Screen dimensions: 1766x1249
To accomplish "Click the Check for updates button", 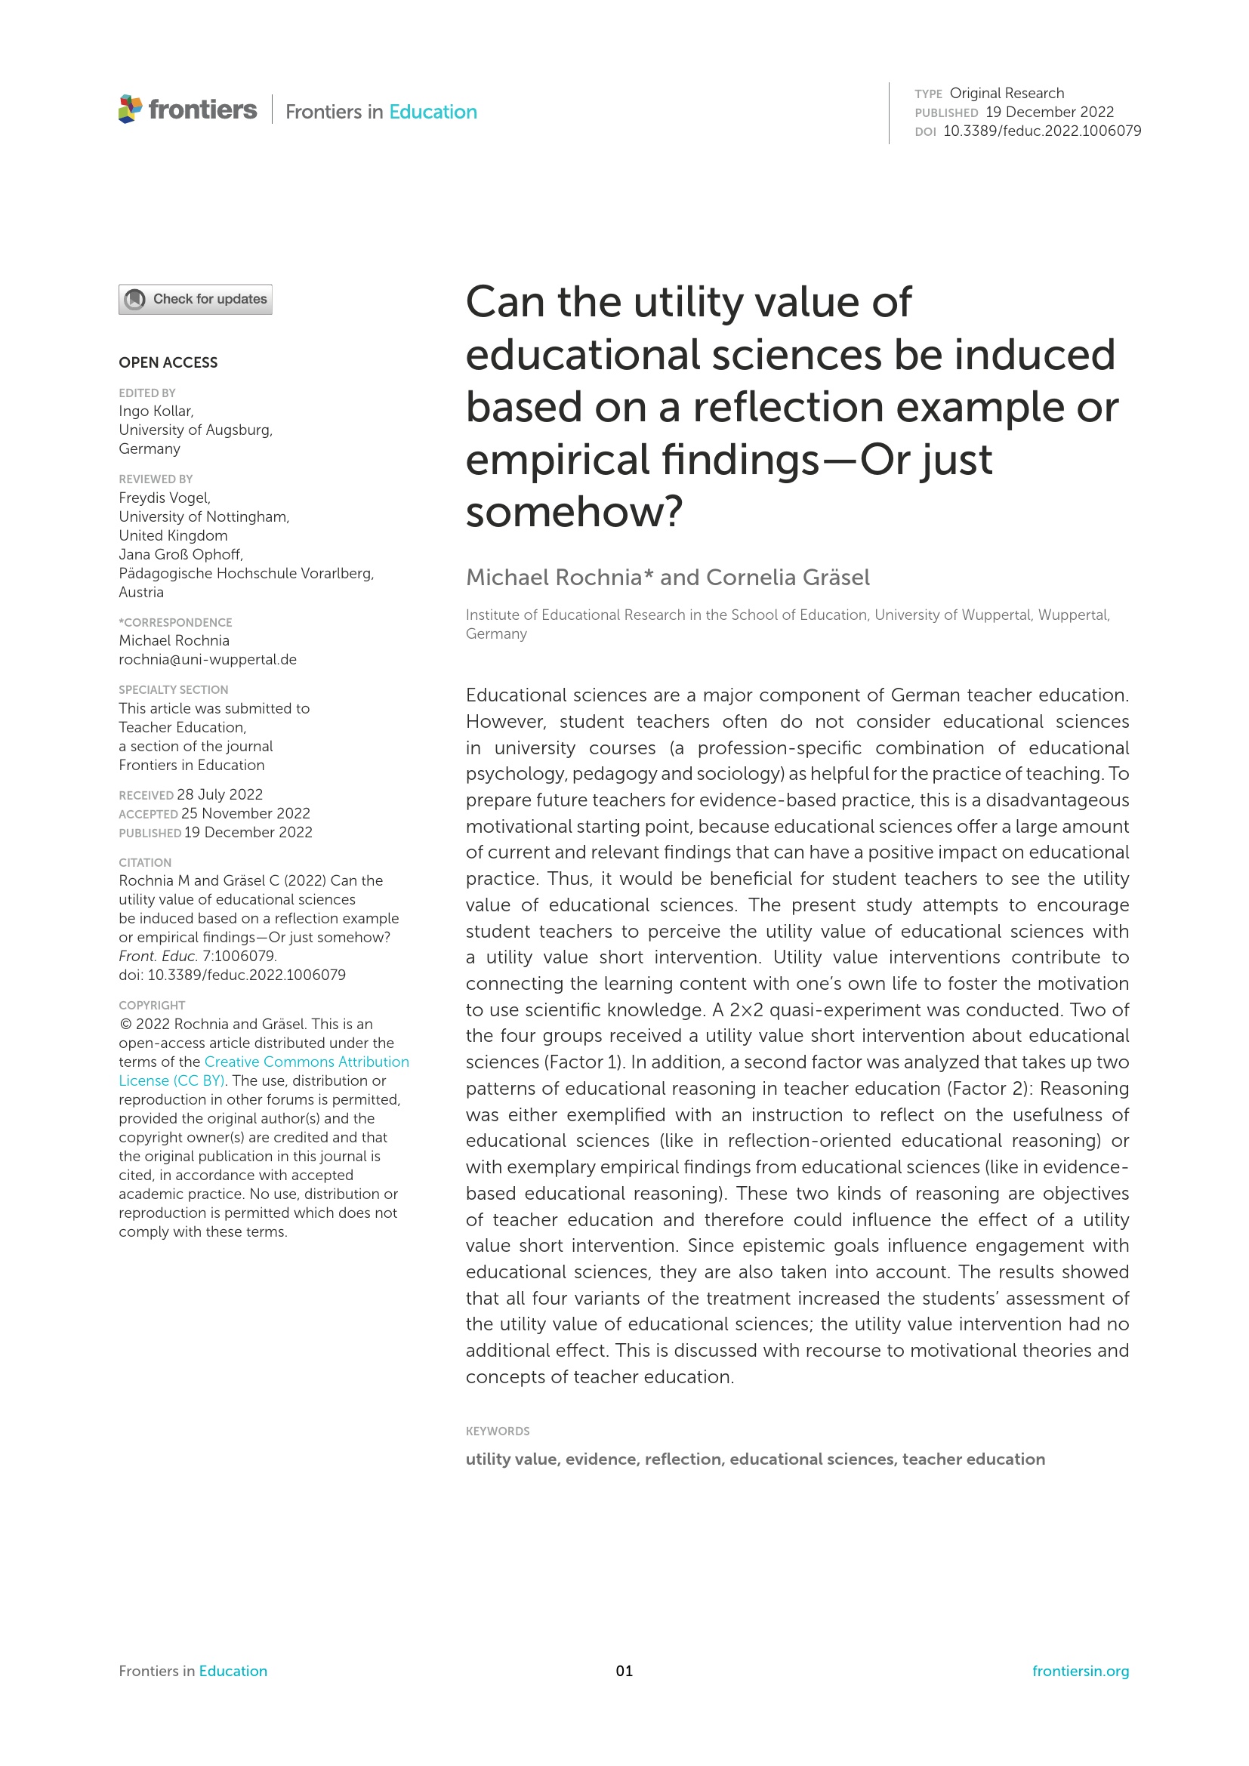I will pyautogui.click(x=196, y=299).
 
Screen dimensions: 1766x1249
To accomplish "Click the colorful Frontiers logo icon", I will pyautogui.click(x=130, y=109).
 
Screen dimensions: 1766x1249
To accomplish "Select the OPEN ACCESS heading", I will pyautogui.click(x=168, y=362).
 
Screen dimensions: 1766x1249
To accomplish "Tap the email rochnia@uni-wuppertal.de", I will pyautogui.click(x=208, y=659).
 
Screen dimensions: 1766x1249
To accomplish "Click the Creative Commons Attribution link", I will pyautogui.click(x=306, y=1062).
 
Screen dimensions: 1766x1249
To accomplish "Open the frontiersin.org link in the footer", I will pyautogui.click(x=1080, y=1671).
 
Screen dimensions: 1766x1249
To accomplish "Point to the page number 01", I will pyautogui.click(x=624, y=1671).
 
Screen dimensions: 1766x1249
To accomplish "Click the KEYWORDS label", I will pyautogui.click(x=498, y=1431).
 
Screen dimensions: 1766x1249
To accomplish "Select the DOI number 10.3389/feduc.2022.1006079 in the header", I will pyautogui.click(x=1041, y=131).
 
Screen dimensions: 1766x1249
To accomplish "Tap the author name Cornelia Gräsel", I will pyautogui.click(x=788, y=577).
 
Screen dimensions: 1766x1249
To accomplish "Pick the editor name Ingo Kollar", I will pyautogui.click(x=156, y=411).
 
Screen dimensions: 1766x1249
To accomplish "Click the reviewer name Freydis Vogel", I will pyautogui.click(x=165, y=498).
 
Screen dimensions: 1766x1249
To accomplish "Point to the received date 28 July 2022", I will pyautogui.click(x=220, y=794).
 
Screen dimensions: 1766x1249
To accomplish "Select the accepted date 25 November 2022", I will pyautogui.click(x=245, y=813).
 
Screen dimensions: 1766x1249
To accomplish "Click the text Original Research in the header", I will pyautogui.click(x=1006, y=93).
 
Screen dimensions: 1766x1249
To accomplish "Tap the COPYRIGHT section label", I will pyautogui.click(x=152, y=1005).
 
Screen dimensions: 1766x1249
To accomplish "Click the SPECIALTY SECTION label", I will pyautogui.click(x=173, y=690).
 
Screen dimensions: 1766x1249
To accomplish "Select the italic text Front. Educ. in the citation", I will pyautogui.click(x=159, y=956).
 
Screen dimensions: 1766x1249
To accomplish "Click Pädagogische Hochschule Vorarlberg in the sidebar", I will pyautogui.click(x=246, y=573).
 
